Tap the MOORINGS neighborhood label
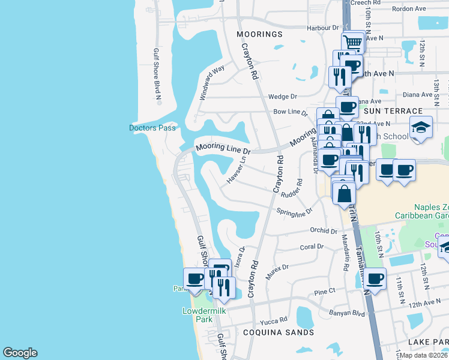[259, 34]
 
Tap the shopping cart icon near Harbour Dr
[354, 43]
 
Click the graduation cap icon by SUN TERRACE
[421, 127]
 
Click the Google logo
[20, 353]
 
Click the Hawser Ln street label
[237, 171]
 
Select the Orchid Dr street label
[324, 231]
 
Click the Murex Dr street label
[277, 267]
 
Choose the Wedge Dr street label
[283, 97]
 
